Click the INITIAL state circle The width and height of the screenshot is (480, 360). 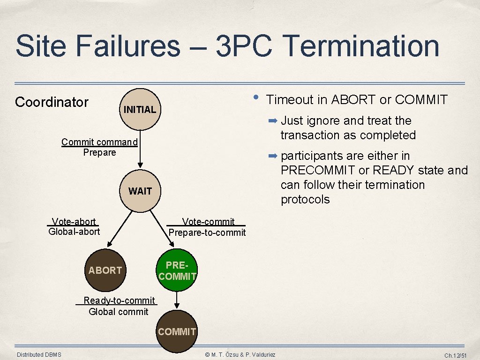[x=140, y=110]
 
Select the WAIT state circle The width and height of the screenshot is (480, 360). [x=140, y=191]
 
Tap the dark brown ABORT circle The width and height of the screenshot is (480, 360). [x=105, y=270]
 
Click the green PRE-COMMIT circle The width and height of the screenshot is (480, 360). [x=177, y=271]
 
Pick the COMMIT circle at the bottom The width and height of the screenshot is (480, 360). [x=177, y=331]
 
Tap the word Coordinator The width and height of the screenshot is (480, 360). [x=52, y=102]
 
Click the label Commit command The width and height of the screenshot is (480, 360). [x=99, y=142]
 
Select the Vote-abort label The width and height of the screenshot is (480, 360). [x=74, y=222]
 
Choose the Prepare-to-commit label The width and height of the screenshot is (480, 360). [x=207, y=232]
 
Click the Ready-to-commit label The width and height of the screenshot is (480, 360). [x=119, y=300]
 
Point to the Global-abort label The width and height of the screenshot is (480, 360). [x=74, y=232]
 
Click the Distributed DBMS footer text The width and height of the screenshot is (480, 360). [x=39, y=355]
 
